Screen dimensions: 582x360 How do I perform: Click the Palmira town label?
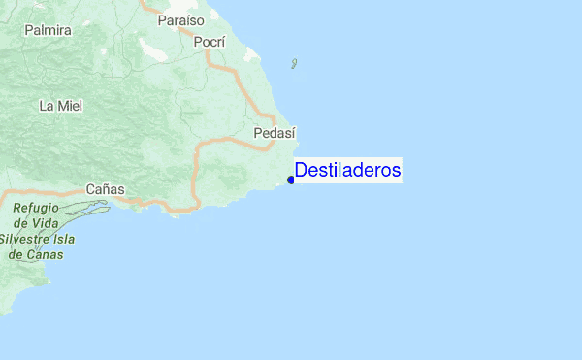[x=48, y=30]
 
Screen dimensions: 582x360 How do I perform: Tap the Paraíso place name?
[x=181, y=19]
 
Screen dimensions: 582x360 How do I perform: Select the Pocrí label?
[x=209, y=42]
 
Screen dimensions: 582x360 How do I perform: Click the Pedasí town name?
[x=274, y=133]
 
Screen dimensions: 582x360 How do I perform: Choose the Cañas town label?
[x=105, y=188]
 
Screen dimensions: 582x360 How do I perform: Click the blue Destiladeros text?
[x=347, y=171]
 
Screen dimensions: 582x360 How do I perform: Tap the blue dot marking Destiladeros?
[x=291, y=180]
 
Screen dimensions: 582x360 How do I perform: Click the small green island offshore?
[x=294, y=65]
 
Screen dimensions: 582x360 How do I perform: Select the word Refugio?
[x=37, y=209]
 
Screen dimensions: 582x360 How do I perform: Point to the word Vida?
[x=47, y=224]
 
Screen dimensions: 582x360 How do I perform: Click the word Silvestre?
[x=27, y=240]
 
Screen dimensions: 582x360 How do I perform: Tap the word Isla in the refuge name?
[x=66, y=240]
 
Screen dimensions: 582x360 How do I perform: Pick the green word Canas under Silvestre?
[x=45, y=255]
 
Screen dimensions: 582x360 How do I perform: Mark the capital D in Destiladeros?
[x=301, y=171]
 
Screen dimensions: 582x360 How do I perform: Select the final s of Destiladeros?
[x=397, y=171]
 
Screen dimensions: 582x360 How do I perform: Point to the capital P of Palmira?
[x=28, y=30]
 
